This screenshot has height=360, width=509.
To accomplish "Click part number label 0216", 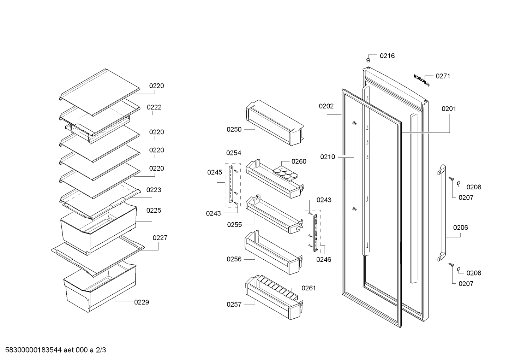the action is point(387,56).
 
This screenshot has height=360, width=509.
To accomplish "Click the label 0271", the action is point(443,76).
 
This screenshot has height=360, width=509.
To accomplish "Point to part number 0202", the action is point(326,106).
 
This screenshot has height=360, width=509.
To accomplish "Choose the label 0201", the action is point(449,109).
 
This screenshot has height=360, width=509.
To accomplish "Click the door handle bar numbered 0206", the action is point(442,213).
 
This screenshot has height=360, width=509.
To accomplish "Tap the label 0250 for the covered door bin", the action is point(234,129).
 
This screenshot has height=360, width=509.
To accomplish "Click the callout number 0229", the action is point(142,302).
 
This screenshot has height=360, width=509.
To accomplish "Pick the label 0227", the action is point(160,238).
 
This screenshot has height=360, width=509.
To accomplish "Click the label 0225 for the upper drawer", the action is point(154,210).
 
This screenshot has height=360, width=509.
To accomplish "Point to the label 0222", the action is point(154,107).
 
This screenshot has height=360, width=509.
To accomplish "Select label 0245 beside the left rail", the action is point(215,172).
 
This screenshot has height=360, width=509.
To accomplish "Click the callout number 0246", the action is point(324,259).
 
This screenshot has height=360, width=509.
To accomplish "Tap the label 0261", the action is point(309,288).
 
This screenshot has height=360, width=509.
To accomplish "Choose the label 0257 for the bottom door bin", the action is point(234,304).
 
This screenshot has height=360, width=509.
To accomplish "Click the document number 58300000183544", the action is point(34,350).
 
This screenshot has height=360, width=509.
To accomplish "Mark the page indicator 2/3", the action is point(101,350).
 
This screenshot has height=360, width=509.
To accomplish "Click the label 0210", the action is point(328,157).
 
